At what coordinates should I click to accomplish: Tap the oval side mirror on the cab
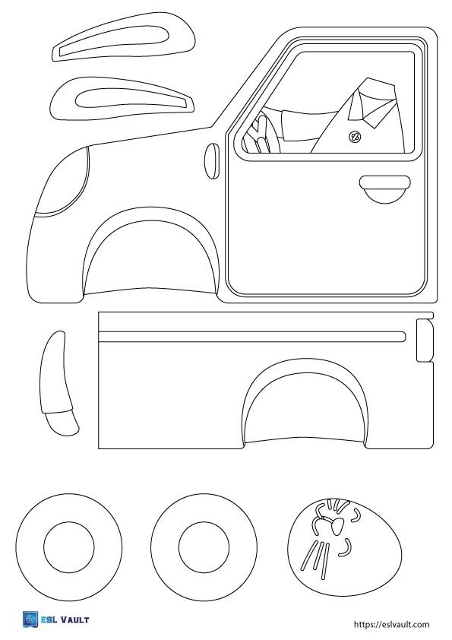tap(212, 161)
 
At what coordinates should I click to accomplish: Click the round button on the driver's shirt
tap(355, 137)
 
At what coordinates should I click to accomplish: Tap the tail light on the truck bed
tap(425, 340)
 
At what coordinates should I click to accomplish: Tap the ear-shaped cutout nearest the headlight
tap(122, 98)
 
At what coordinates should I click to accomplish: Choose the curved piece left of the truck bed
tap(56, 384)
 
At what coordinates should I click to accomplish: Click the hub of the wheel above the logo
tap(69, 547)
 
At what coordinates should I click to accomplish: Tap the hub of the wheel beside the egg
tap(204, 547)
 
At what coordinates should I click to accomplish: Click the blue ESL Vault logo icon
tap(30, 619)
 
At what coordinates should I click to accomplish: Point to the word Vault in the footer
tap(74, 620)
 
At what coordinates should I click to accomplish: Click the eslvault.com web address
tap(392, 624)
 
